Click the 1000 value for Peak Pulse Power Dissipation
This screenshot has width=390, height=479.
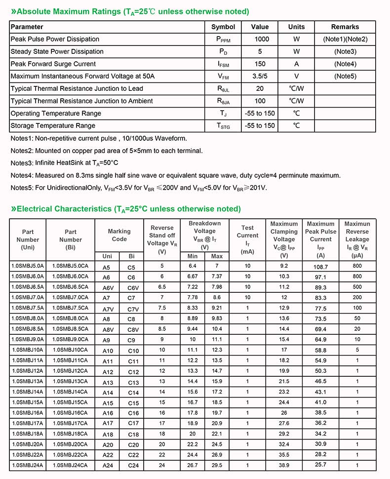pos(260,39)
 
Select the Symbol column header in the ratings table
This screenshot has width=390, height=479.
pos(223,27)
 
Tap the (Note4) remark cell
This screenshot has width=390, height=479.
pos(345,64)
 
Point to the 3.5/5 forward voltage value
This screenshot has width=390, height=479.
pos(260,76)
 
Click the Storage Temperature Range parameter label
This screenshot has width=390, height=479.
pos(53,125)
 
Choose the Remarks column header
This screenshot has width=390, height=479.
pos(345,27)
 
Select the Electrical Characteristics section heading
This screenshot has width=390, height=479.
pos(126,209)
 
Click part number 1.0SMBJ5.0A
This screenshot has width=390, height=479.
pos(28,266)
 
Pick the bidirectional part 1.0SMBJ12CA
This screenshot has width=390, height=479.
pos(70,371)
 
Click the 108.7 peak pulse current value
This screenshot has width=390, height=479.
pos(320,267)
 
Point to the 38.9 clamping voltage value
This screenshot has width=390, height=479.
pos(284,465)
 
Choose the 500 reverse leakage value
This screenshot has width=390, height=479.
pos(357,287)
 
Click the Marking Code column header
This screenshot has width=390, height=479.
pos(119,235)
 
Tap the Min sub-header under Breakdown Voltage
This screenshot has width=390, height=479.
pos(193,256)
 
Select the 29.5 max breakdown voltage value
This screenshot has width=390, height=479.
pos(217,465)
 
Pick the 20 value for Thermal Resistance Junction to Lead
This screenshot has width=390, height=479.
pos(260,88)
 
